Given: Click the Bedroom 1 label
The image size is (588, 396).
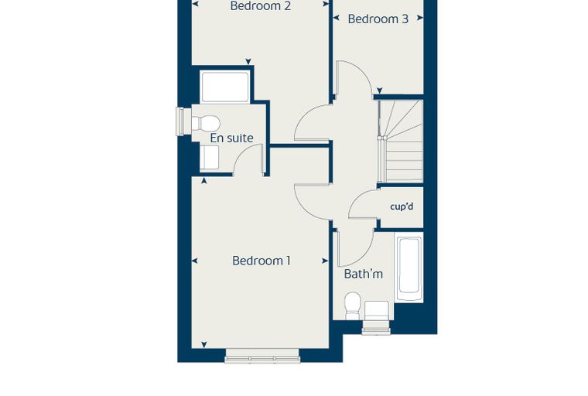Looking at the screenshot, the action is tap(262, 261).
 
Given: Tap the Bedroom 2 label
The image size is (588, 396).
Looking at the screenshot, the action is tap(260, 6).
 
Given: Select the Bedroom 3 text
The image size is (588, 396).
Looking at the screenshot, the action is tap(378, 19).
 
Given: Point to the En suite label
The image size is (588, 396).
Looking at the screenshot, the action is tap(232, 138).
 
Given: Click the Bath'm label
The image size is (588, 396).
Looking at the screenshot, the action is tap(364, 274).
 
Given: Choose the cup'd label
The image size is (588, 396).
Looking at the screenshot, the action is tap(402, 207).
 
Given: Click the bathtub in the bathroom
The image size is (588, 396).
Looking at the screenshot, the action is tap(409, 267).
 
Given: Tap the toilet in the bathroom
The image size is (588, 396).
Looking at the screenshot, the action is tap(353, 306).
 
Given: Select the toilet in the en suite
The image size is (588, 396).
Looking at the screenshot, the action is tap(205, 123).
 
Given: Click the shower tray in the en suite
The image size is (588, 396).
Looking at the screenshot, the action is tap(225, 87).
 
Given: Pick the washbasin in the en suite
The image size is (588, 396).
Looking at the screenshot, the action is tap(209, 157).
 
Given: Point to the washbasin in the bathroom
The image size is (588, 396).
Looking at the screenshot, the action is tap(377, 310).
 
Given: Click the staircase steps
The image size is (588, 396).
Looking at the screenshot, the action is tap(402, 141).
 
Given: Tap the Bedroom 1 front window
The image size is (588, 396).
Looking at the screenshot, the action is tap(262, 357).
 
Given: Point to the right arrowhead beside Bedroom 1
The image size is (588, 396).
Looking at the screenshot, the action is tap(325, 261).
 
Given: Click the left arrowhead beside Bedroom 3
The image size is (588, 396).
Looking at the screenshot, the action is tap(336, 18).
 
